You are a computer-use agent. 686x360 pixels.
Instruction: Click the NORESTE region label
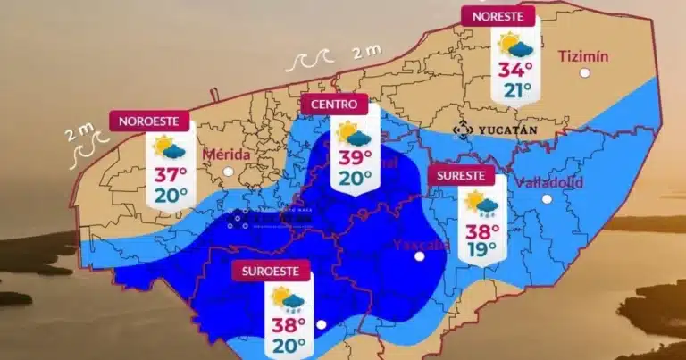498,17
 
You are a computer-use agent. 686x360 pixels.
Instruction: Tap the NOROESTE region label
150,121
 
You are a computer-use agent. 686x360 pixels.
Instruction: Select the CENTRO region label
334,105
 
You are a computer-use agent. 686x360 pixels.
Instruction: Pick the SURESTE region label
461,176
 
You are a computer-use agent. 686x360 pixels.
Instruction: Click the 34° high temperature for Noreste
515,69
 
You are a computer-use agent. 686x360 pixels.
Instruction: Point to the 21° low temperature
515,90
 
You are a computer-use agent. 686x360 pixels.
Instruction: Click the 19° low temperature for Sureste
481,249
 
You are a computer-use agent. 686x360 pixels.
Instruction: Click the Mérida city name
227,154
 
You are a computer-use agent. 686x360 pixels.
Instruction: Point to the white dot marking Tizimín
584,72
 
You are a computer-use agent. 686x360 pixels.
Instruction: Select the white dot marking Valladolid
547,198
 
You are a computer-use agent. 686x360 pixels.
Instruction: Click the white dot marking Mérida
228,171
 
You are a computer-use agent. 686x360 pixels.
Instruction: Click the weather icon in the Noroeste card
169,147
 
